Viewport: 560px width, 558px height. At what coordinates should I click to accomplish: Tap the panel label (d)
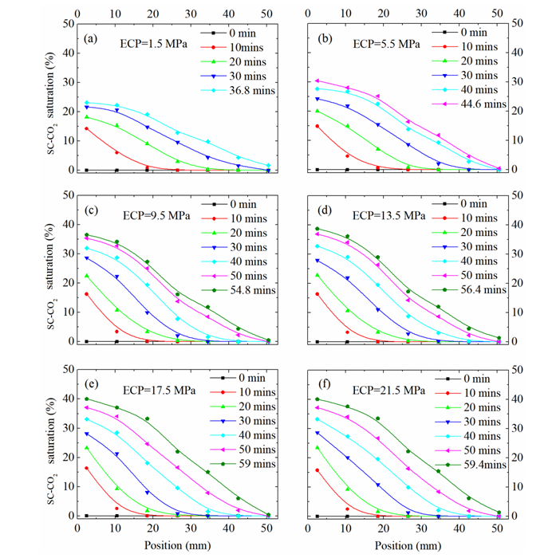325,213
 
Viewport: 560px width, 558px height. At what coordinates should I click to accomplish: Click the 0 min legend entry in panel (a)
238,33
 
